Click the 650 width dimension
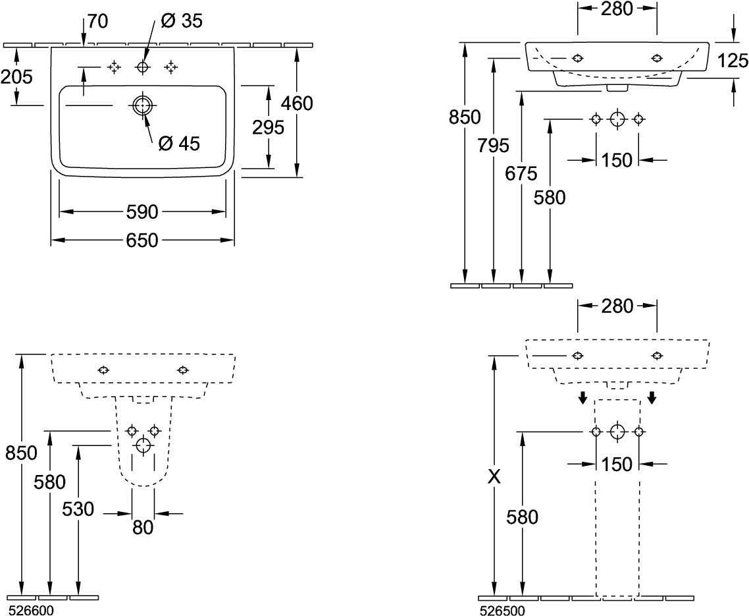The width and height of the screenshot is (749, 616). click(143, 240)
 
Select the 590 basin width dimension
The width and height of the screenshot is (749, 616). click(143, 212)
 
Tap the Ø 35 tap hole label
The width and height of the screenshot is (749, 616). click(182, 21)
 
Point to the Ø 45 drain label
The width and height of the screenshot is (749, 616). click(179, 143)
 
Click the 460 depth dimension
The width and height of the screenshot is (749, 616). click(296, 103)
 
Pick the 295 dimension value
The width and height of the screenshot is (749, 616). click(269, 127)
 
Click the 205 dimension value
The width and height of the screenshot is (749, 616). click(16, 77)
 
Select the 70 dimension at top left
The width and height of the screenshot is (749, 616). click(97, 21)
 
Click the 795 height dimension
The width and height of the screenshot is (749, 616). click(494, 145)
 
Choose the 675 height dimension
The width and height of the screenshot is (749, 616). click(522, 173)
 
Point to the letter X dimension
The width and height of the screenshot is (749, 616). click(494, 476)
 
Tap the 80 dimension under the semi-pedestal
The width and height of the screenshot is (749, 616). click(143, 527)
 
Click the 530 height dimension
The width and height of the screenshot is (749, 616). click(78, 509)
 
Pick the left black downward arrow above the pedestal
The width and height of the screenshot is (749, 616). click(582, 397)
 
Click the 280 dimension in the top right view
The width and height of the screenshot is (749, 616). click(617, 9)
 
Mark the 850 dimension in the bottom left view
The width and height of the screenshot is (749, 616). click(22, 453)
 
